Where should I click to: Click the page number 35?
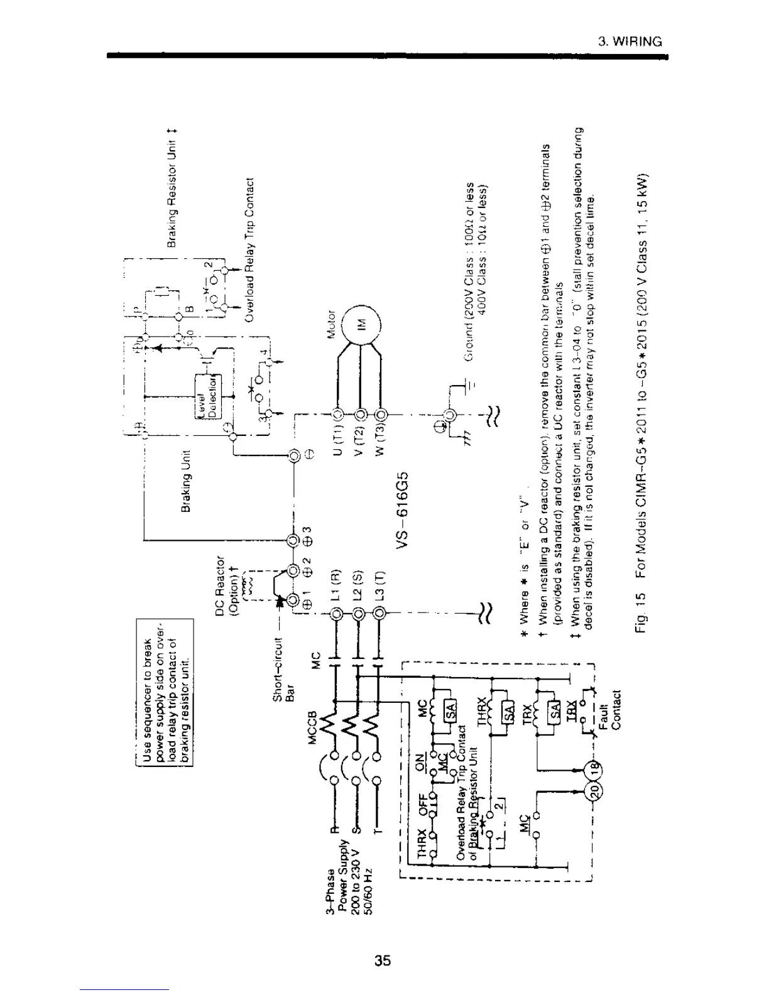point(383,960)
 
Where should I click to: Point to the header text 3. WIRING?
point(630,42)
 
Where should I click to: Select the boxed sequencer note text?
point(165,692)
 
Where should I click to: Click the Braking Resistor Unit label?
point(172,188)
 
